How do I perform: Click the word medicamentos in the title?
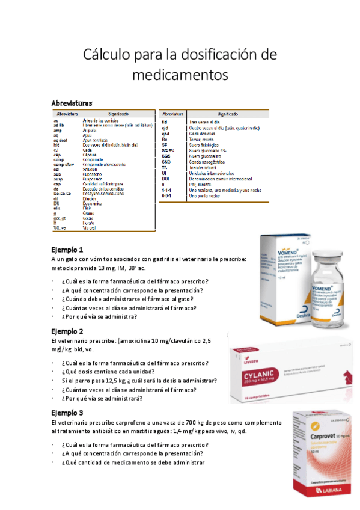[180, 75]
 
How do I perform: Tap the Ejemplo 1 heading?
[67, 233]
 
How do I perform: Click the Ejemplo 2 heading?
[67, 331]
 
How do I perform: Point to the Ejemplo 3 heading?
[67, 413]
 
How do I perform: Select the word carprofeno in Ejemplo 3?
[123, 423]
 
